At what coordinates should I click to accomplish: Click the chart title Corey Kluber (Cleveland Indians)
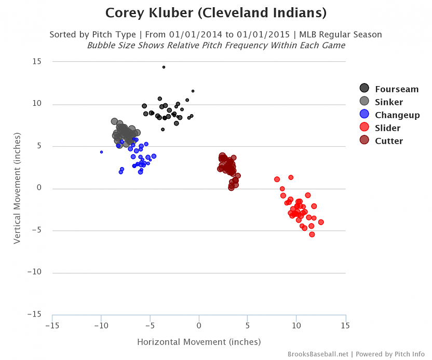coord(216,12)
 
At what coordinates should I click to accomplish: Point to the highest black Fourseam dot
coord(164,67)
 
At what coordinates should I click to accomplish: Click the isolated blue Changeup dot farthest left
coord(101,152)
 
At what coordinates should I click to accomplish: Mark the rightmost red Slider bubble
coord(321,222)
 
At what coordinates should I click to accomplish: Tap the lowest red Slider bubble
coord(312,234)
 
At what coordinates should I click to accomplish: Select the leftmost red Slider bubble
coord(277,179)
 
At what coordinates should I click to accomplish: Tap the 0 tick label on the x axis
coord(199,325)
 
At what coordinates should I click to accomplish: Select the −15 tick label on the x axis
coord(52,325)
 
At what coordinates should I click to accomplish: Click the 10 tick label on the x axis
coord(296,325)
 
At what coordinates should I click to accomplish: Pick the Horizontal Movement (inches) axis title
coord(199,342)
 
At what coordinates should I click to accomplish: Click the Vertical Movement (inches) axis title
coord(17,188)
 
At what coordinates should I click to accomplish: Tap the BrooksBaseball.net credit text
coord(318,354)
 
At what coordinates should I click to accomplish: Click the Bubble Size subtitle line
coord(216,45)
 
